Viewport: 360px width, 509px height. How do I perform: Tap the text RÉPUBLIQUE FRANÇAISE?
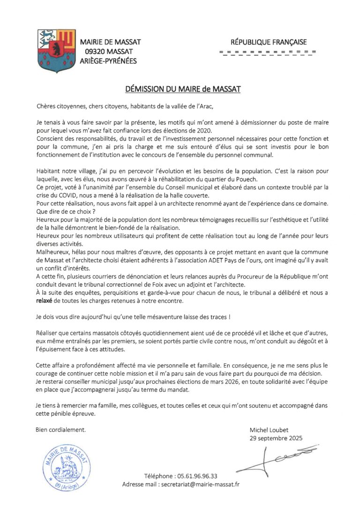267,42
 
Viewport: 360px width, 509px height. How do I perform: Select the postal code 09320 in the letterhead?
95,51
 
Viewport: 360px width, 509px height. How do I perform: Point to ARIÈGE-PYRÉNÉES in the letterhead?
109,60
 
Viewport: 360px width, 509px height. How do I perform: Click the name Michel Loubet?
270,430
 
